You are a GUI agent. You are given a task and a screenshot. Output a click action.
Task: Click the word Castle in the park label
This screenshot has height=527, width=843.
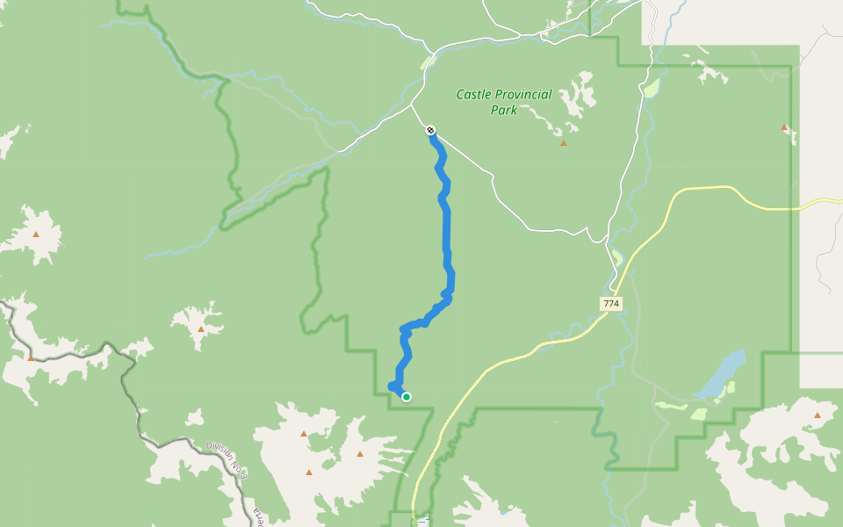475,95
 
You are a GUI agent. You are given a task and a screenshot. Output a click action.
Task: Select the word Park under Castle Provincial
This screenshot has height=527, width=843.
504,111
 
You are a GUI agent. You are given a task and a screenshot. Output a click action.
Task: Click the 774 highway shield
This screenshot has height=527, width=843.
611,304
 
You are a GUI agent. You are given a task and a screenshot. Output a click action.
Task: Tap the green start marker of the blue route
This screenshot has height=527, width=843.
407,397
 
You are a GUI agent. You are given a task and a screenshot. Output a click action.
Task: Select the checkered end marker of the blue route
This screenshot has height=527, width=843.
430,131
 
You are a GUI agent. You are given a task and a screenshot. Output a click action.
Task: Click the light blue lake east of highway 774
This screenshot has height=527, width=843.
723,373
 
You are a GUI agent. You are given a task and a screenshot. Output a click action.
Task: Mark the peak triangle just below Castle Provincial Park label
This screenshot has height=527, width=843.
564,143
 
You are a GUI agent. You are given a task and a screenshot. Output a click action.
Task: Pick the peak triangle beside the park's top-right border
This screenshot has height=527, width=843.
784,128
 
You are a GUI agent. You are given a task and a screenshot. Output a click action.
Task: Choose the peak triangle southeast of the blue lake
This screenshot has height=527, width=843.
818,415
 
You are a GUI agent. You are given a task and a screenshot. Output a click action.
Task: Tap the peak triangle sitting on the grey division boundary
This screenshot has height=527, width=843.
31,357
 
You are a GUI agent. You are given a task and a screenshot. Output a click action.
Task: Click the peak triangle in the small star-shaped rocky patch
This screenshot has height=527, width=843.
200,329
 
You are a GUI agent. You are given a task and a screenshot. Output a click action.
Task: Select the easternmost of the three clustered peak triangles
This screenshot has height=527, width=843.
359,454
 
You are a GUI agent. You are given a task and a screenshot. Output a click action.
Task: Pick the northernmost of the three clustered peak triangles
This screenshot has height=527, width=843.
304,434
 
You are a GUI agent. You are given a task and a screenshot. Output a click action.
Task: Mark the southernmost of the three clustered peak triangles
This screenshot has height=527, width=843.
309,473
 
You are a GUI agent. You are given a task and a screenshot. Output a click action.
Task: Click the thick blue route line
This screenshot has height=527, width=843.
446,228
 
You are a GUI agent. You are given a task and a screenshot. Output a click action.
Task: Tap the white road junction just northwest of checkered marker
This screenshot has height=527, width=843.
412,107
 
